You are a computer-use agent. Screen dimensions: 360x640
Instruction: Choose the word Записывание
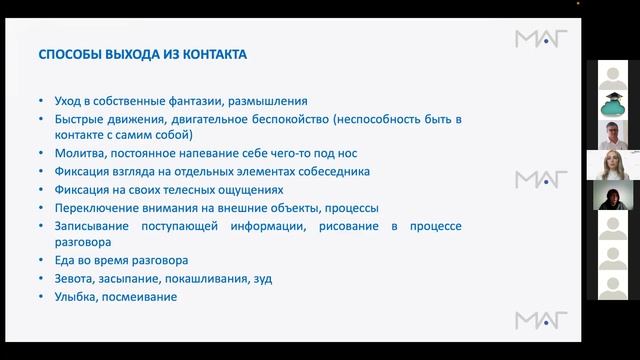pyautogui.click(x=80, y=226)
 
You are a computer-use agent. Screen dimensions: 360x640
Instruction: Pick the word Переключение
pyautogui.click(x=87, y=208)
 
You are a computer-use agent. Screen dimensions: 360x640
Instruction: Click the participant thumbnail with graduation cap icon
pyautogui.click(x=612, y=105)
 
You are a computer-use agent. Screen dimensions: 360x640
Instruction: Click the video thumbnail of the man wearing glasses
pyautogui.click(x=612, y=135)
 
